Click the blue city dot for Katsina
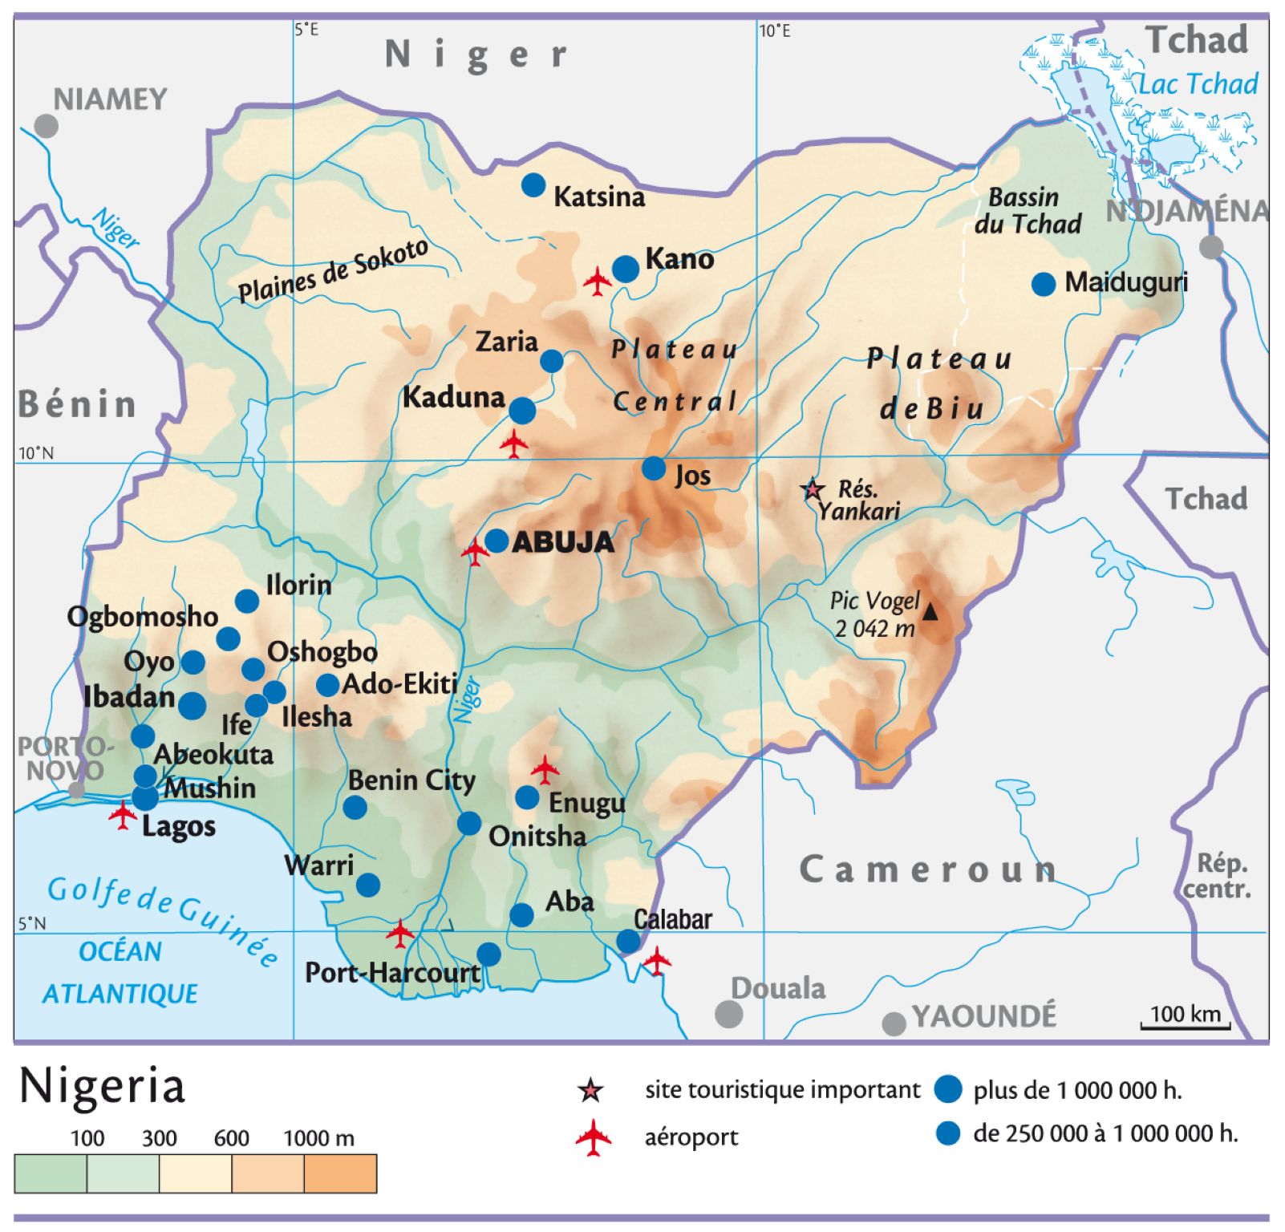533,185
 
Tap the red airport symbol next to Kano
598,281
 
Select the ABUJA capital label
563,543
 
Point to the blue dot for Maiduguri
1043,284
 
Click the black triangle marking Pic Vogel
930,612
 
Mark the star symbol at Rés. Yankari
813,488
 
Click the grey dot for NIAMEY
47,126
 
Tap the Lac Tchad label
1198,83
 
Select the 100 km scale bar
1185,1024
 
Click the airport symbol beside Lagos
122,815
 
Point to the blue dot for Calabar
628,941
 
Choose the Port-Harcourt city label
392,973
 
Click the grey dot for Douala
728,1013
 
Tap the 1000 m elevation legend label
318,1138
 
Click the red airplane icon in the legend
593,1137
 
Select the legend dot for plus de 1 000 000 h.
948,1089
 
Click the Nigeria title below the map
102,1088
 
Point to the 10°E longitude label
775,30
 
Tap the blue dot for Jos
654,468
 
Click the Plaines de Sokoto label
333,271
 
